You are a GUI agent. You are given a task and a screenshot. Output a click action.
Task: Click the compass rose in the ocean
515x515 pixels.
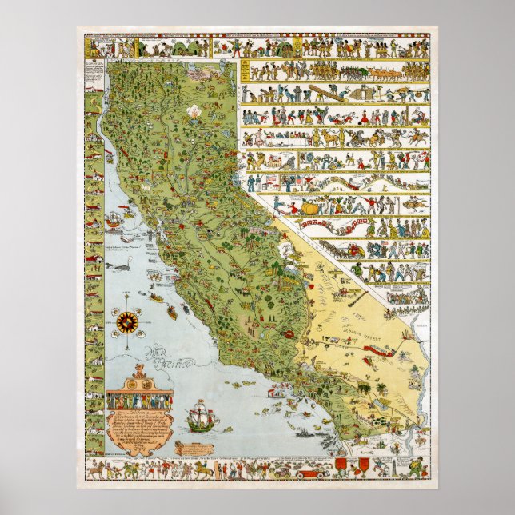pyautogui.click(x=126, y=322)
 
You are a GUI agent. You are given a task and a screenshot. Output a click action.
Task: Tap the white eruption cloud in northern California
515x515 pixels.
pyautogui.click(x=192, y=112)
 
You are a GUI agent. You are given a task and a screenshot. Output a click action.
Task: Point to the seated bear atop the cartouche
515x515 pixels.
pyautogui.click(x=139, y=371)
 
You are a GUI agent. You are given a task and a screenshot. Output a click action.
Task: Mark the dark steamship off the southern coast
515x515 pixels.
pyautogui.click(x=306, y=433)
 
